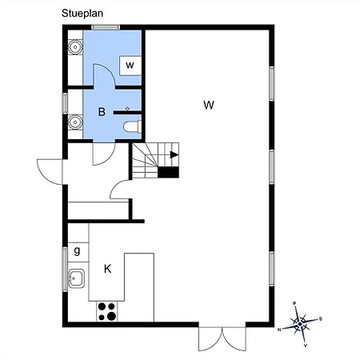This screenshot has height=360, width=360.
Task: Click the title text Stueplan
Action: (x=82, y=14)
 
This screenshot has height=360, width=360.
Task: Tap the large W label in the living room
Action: (x=209, y=105)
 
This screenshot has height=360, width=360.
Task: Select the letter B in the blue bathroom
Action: (x=102, y=112)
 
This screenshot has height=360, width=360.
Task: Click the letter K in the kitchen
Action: (x=107, y=269)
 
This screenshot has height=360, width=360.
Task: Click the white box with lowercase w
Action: (x=130, y=66)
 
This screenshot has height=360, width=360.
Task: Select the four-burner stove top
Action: (x=107, y=311)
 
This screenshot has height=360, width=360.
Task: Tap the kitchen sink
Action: (x=77, y=278)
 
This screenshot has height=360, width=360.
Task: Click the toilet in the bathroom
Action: (x=132, y=126)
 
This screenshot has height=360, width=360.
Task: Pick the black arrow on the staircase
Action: (x=174, y=154)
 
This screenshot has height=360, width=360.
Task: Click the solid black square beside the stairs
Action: (x=168, y=172)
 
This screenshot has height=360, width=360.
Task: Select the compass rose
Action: (x=300, y=324)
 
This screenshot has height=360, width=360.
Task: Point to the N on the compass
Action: (x=279, y=330)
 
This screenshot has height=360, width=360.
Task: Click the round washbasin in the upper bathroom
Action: (x=75, y=47)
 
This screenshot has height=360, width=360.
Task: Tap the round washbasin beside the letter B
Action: (x=75, y=122)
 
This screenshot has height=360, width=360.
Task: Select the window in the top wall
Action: (x=106, y=27)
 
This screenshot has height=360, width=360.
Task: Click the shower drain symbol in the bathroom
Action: (x=127, y=109)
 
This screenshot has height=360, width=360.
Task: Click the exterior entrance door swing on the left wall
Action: (x=50, y=171)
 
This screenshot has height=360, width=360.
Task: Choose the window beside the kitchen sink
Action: (x=65, y=270)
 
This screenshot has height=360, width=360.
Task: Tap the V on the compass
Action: (x=306, y=346)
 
